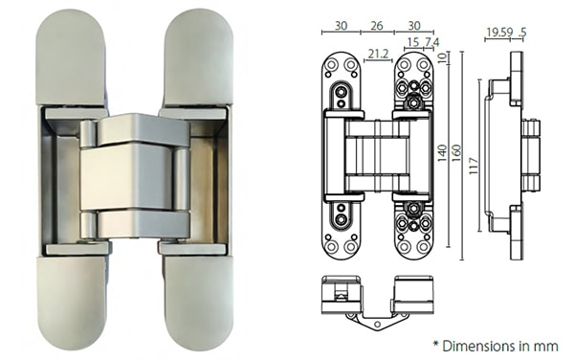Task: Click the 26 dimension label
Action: tap(376, 26)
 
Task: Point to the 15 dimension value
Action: tap(412, 43)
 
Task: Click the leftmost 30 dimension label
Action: tap(341, 26)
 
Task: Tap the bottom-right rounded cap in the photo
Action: tap(196, 301)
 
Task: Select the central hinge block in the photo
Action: tap(135, 177)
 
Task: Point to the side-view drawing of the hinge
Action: tap(505, 153)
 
